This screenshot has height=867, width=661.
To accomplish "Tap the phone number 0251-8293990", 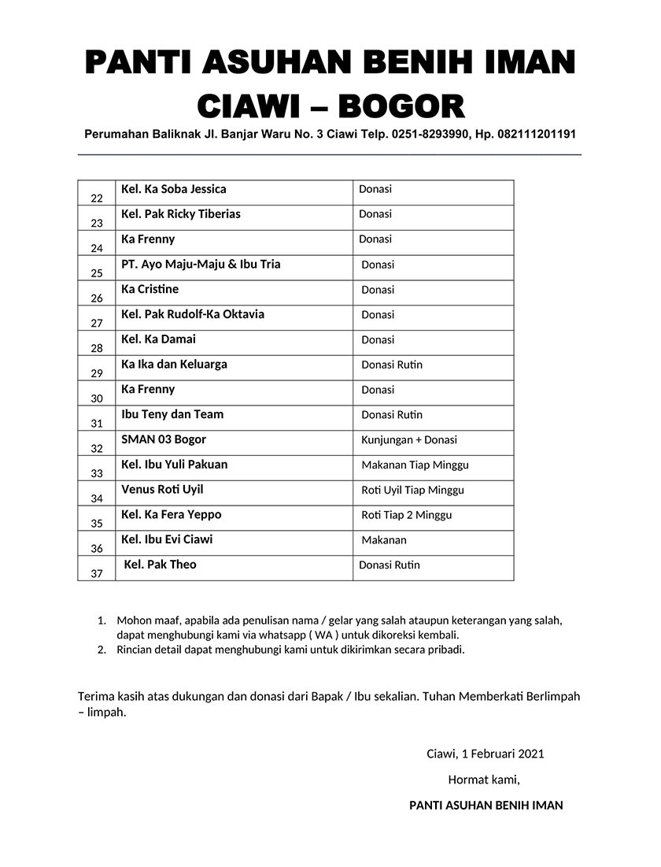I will pyautogui.click(x=426, y=135).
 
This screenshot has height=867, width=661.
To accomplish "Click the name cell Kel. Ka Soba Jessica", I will pyautogui.click(x=173, y=190).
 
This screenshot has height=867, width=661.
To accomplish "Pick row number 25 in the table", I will pyautogui.click(x=97, y=274).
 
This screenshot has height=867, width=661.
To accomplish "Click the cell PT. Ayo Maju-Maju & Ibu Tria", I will pyautogui.click(x=201, y=265).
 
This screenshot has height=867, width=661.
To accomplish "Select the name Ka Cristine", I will pyautogui.click(x=150, y=290).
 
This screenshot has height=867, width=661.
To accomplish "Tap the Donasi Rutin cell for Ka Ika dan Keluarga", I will pyautogui.click(x=392, y=365).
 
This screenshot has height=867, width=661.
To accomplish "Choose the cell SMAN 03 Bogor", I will pyautogui.click(x=164, y=439).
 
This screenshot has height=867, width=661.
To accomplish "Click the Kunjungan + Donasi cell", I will pyautogui.click(x=409, y=440).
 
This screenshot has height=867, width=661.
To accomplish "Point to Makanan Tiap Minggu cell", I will pyautogui.click(x=415, y=465).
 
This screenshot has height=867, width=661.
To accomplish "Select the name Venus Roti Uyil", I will pyautogui.click(x=162, y=490).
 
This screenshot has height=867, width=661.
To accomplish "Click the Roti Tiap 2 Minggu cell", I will pyautogui.click(x=406, y=515).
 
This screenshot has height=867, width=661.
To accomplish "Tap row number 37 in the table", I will pyautogui.click(x=97, y=574).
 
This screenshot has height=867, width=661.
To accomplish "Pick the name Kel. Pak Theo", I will pyautogui.click(x=161, y=565).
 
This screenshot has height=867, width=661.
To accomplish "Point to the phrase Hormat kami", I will pyautogui.click(x=484, y=780).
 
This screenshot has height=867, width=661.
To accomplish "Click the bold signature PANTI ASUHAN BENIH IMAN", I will pyautogui.click(x=486, y=806).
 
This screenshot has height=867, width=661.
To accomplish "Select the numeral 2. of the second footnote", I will pyautogui.click(x=102, y=650).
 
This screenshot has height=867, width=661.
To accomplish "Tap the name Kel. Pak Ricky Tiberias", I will pyautogui.click(x=181, y=214).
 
